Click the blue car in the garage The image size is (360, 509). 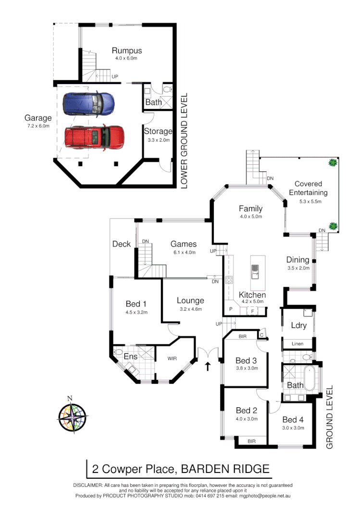(x=90, y=104)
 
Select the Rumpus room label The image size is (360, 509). (x=127, y=50)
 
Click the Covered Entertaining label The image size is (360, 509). (x=308, y=188)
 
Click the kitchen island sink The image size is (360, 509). (x=255, y=272)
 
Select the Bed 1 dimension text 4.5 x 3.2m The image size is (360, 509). (x=137, y=312)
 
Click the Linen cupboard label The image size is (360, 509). (x=297, y=344)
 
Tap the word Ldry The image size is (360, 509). (x=298, y=326)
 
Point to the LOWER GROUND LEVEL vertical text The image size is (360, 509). (x=184, y=140)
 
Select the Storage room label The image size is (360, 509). (x=158, y=131)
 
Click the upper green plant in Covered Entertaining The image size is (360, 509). (x=331, y=163)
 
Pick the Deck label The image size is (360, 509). (x=122, y=244)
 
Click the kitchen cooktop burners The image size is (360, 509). (x=229, y=280)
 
